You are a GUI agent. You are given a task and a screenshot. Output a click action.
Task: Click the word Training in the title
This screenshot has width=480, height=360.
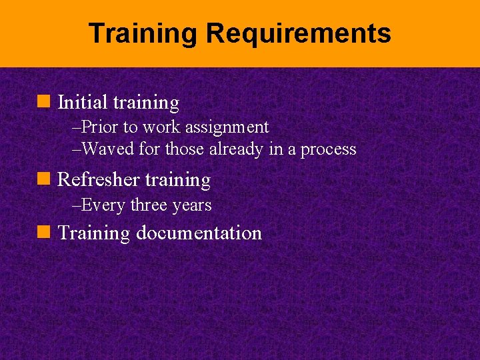(143, 33)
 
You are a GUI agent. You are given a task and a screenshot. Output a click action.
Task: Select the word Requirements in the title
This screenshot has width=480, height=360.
(297, 33)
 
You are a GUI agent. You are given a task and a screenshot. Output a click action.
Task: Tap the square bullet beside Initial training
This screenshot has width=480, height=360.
(46, 102)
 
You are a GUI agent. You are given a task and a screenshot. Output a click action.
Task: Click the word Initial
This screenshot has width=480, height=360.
(83, 103)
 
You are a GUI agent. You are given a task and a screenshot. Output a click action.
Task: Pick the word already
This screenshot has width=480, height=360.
(237, 149)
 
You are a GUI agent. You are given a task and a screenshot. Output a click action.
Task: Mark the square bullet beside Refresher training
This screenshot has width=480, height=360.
(46, 179)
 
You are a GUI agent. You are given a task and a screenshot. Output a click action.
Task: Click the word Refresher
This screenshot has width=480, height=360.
(99, 180)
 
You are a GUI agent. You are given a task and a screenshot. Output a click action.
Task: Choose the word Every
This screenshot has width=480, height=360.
(103, 205)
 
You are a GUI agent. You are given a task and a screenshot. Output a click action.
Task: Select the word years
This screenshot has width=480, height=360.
(192, 205)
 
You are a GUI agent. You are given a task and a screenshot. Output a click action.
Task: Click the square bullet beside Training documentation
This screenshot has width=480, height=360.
(46, 233)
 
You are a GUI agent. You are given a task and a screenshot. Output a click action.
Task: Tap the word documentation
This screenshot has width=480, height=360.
(199, 233)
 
